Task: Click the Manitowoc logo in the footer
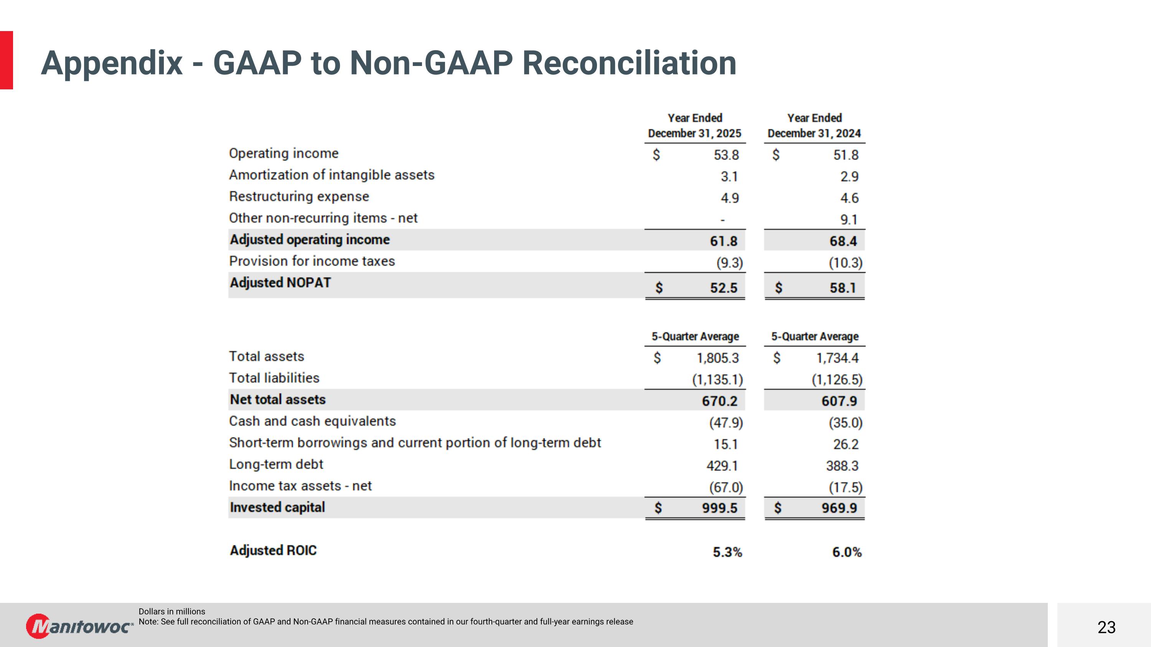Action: point(79,626)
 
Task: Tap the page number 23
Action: point(1106,627)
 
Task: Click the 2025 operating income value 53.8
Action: point(726,155)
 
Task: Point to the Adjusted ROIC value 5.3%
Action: point(727,552)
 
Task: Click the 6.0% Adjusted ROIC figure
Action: point(846,552)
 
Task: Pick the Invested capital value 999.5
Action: point(719,508)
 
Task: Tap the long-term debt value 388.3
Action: point(842,466)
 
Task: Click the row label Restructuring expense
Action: point(299,196)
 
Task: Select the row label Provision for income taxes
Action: point(312,261)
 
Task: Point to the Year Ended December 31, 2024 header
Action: point(814,125)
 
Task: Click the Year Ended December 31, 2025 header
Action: point(694,125)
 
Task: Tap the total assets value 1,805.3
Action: point(717,358)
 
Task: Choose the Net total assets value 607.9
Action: point(839,401)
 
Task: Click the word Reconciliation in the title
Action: point(629,63)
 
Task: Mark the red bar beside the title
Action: point(6,60)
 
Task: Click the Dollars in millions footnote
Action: point(171,611)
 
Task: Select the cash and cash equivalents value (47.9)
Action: point(726,422)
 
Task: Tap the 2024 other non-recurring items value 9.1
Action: point(849,220)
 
